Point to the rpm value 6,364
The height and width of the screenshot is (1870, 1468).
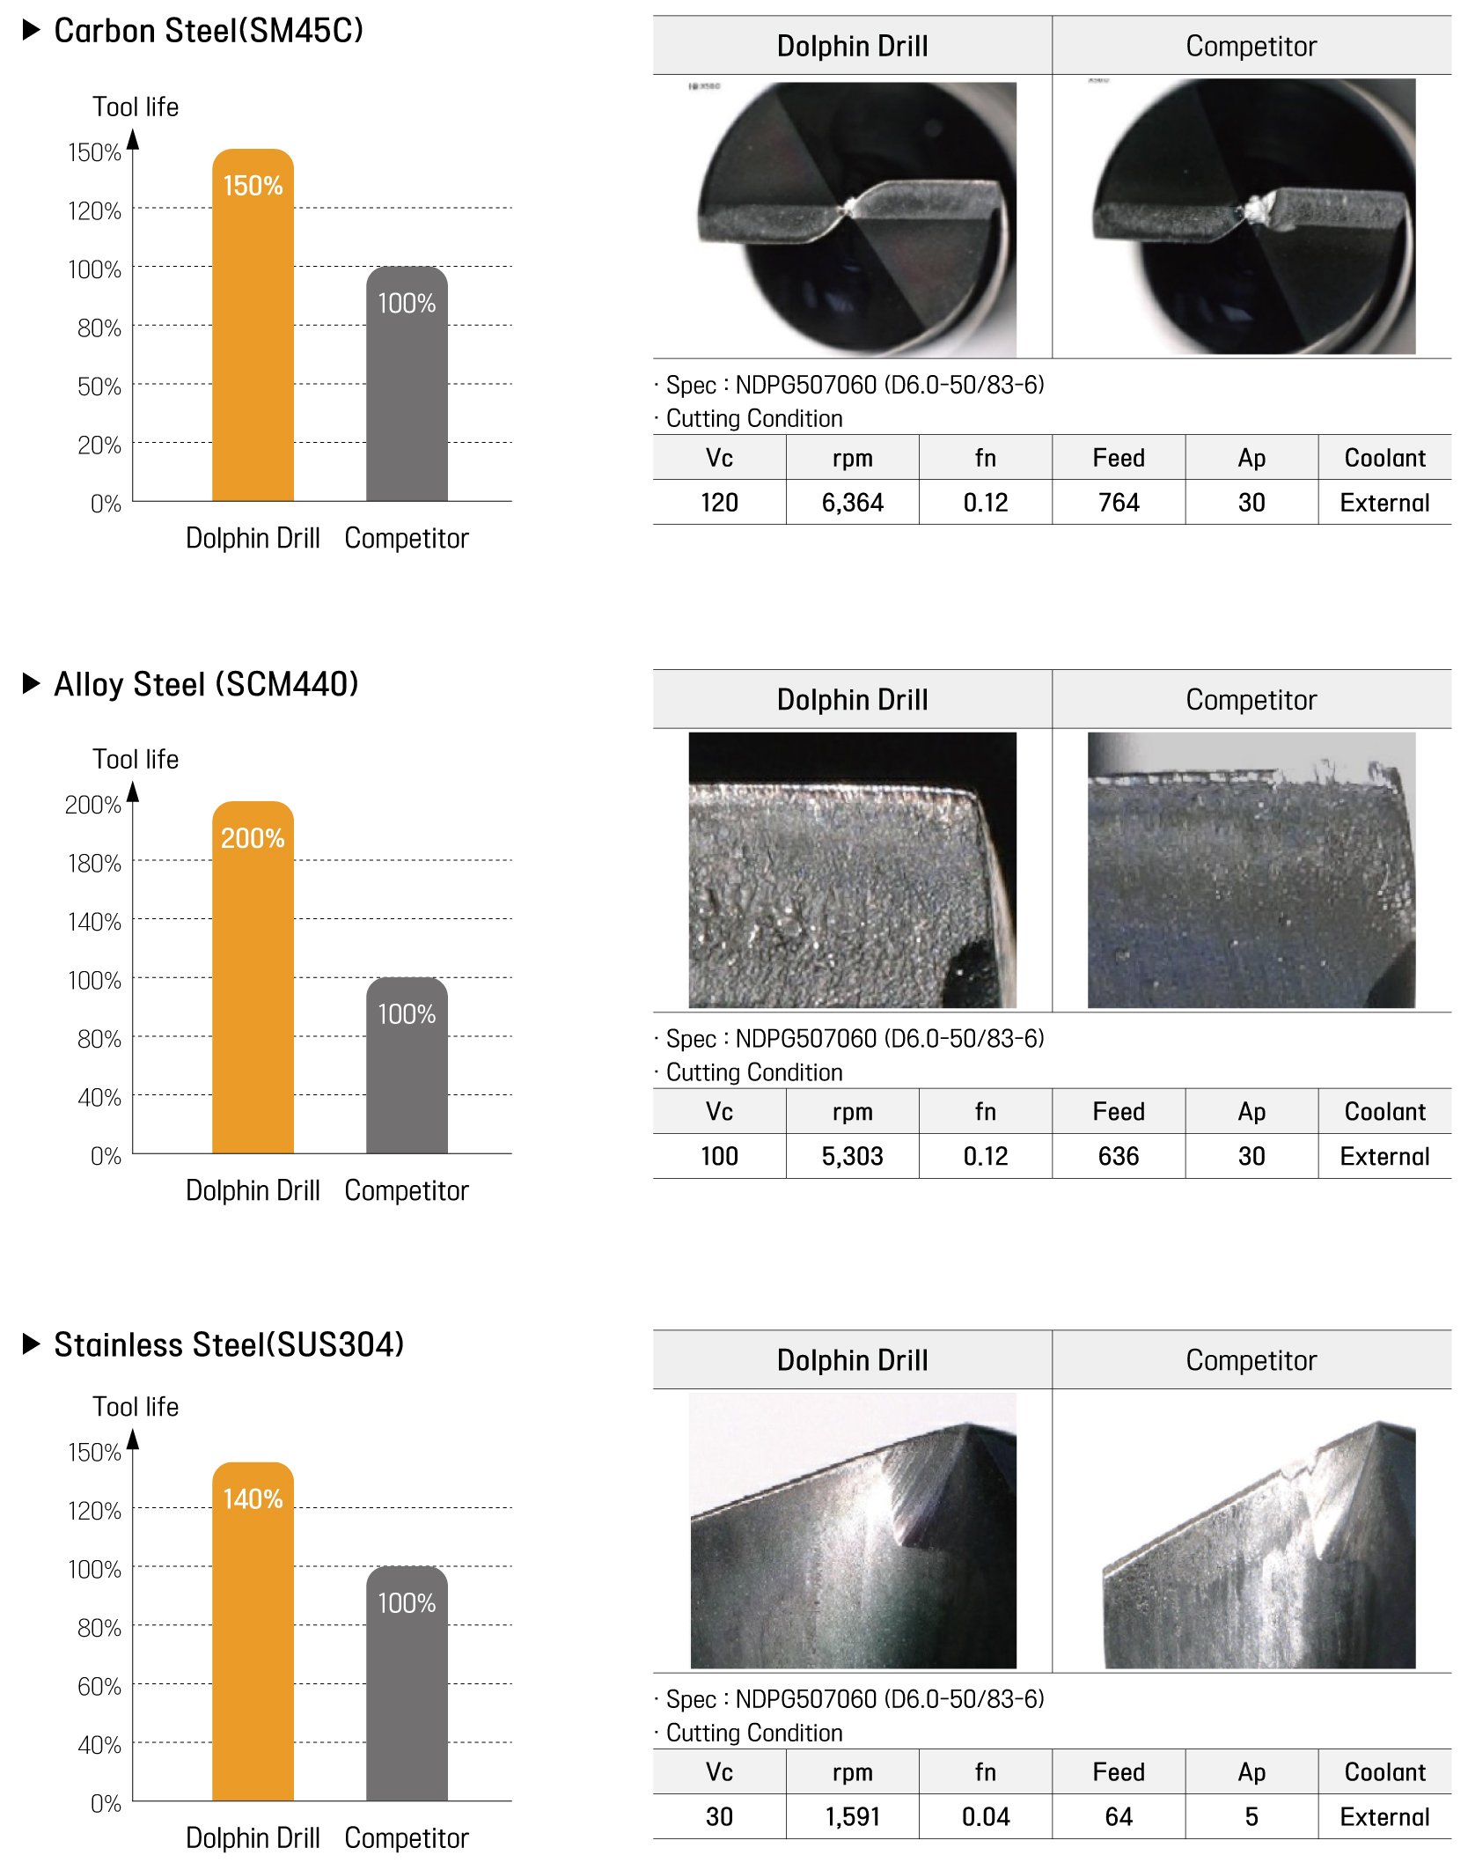[852, 503]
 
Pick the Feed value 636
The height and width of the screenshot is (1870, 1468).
[1118, 1156]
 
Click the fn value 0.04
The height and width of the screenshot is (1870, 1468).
[985, 1816]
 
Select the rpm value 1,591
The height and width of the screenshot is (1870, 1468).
[852, 1816]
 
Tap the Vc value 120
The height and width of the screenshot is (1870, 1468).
[719, 503]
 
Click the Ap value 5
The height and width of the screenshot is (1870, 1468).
[1251, 1816]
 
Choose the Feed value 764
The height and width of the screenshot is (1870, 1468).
[1118, 503]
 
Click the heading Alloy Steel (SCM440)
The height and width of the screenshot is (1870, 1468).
[206, 684]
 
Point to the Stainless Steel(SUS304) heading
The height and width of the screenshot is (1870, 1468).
[228, 1344]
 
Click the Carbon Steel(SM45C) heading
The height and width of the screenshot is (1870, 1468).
[208, 31]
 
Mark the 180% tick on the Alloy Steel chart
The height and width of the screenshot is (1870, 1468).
[94, 863]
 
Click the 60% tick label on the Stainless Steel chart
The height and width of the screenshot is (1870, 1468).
[99, 1686]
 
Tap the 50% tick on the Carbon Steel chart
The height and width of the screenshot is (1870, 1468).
[99, 387]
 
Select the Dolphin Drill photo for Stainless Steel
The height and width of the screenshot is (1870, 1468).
[853, 1530]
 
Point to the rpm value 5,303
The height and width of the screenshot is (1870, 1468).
[852, 1156]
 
